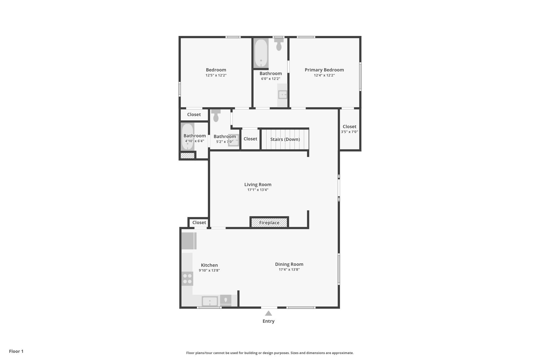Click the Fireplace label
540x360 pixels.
pyautogui.click(x=269, y=223)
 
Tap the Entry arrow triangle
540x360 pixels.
pyautogui.click(x=268, y=313)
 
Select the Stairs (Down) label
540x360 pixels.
pyautogui.click(x=285, y=139)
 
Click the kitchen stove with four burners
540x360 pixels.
pyautogui.click(x=187, y=279)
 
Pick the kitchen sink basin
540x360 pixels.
pyautogui.click(x=210, y=301)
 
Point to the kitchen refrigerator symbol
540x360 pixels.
pyautogui.click(x=189, y=241)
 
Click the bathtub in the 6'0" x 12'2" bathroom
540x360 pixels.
pyautogui.click(x=261, y=53)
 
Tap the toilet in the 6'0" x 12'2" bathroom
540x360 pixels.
pyautogui.click(x=279, y=44)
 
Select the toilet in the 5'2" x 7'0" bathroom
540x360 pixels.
pyautogui.click(x=216, y=116)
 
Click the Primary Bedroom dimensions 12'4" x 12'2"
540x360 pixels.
pyautogui.click(x=324, y=75)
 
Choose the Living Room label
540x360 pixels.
pyautogui.click(x=258, y=185)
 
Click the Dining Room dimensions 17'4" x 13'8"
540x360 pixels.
pyautogui.click(x=289, y=270)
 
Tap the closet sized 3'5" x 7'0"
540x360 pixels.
pyautogui.click(x=349, y=129)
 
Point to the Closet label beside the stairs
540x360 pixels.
pyautogui.click(x=250, y=139)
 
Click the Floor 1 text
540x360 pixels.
pyautogui.click(x=16, y=351)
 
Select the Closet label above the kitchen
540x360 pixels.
pyautogui.click(x=199, y=223)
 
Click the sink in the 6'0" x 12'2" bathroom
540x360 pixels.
pyautogui.click(x=282, y=95)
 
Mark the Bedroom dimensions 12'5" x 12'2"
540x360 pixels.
pyautogui.click(x=216, y=75)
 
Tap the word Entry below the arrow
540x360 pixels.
pyautogui.click(x=268, y=321)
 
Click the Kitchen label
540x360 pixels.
pyautogui.click(x=209, y=265)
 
